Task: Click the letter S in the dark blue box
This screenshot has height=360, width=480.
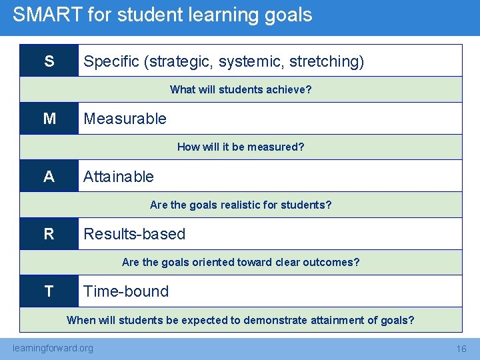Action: pos(49,61)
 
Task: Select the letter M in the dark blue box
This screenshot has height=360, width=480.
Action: pos(49,119)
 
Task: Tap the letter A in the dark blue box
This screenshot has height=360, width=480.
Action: pos(49,177)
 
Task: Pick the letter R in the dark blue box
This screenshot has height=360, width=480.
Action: pos(49,234)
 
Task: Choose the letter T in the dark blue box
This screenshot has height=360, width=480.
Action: pos(49,291)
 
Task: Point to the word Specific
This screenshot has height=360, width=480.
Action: pos(111,62)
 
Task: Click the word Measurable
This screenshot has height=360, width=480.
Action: pos(125,119)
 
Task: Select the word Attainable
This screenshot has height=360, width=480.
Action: pos(118,177)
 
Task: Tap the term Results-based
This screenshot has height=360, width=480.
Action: pos(134,234)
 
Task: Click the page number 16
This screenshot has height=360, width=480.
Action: pos(461,349)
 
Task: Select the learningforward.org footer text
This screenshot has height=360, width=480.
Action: pos(53,348)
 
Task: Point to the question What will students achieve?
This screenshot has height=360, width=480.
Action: pos(241,89)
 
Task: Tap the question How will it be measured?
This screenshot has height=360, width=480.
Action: pos(241,147)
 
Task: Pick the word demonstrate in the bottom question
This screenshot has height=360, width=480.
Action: pos(273,320)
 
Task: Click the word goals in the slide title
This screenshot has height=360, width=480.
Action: pos(288,15)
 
